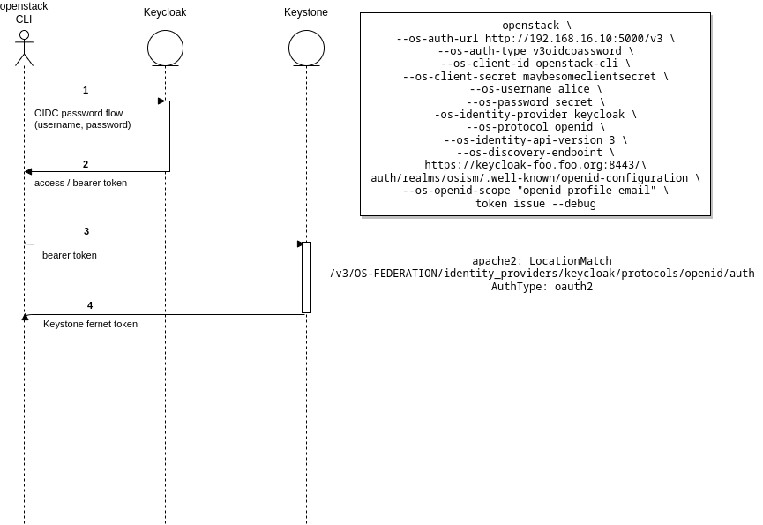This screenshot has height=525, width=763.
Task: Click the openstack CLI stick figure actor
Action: click(24, 49)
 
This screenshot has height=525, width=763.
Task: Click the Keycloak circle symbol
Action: click(165, 49)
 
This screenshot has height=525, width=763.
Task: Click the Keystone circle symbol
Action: click(306, 49)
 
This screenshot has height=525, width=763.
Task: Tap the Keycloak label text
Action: click(165, 12)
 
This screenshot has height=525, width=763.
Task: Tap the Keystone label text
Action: click(306, 12)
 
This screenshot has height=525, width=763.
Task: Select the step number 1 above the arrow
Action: click(86, 90)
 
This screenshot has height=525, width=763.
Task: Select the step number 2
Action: click(86, 164)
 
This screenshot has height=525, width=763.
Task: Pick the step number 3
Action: click(86, 231)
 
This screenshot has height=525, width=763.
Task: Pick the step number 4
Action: click(90, 305)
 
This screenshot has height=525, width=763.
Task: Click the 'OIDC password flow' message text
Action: click(79, 113)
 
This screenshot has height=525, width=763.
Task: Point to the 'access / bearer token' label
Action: click(80, 183)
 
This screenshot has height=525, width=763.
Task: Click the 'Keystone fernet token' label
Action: click(90, 324)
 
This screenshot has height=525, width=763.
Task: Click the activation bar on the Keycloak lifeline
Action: click(165, 136)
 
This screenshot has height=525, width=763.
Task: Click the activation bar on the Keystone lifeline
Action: click(306, 277)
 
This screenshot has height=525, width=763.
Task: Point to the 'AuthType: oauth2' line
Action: click(542, 286)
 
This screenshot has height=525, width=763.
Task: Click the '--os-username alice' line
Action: click(535, 89)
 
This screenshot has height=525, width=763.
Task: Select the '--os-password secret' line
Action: click(535, 102)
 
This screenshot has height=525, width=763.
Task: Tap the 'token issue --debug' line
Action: click(535, 204)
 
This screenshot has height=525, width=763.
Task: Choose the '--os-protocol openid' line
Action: click(535, 127)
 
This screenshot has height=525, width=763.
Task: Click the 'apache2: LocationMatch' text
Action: click(542, 261)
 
